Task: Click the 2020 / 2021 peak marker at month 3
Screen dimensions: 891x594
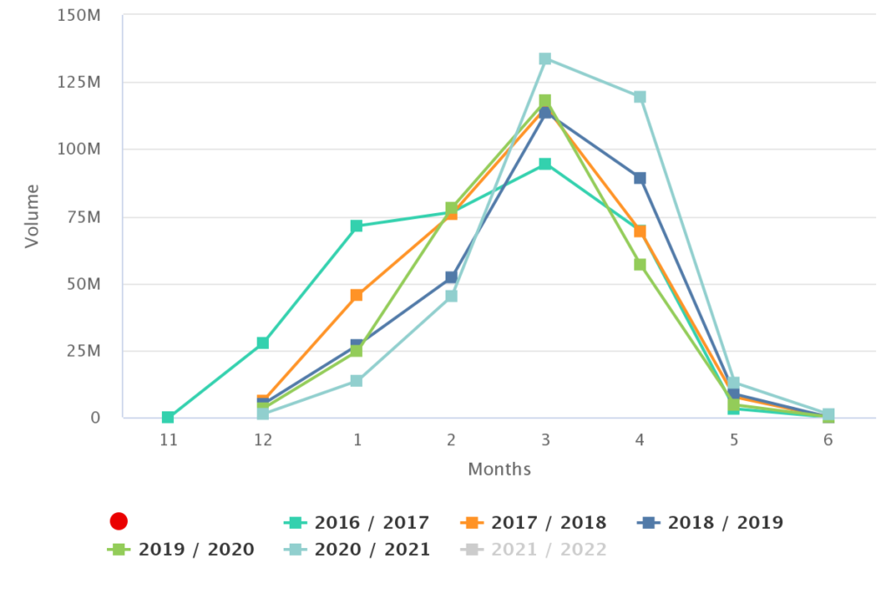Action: pyautogui.click(x=545, y=59)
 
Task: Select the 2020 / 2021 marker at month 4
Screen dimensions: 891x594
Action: pyautogui.click(x=640, y=97)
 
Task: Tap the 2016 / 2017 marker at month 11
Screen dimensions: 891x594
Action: pyautogui.click(x=168, y=417)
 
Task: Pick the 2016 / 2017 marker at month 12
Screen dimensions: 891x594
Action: pyautogui.click(x=263, y=343)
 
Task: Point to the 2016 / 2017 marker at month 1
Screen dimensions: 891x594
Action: pyautogui.click(x=356, y=226)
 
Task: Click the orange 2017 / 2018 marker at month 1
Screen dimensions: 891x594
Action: pyautogui.click(x=356, y=296)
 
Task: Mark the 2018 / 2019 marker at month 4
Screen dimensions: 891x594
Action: pyautogui.click(x=640, y=178)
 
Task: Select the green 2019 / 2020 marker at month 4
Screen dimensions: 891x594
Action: pyautogui.click(x=640, y=264)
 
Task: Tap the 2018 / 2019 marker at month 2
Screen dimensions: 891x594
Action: pyautogui.click(x=452, y=277)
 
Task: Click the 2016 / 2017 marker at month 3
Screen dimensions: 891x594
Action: pyautogui.click(x=545, y=164)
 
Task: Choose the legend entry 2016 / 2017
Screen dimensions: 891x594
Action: pyautogui.click(x=356, y=523)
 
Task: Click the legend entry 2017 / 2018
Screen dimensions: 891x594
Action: pyautogui.click(x=533, y=523)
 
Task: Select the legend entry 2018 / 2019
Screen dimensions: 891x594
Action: pyautogui.click(x=710, y=523)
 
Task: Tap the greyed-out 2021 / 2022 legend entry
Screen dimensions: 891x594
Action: pyautogui.click(x=533, y=550)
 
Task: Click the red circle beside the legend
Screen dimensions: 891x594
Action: pyautogui.click(x=118, y=521)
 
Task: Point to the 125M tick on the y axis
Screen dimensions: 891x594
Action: pyautogui.click(x=79, y=83)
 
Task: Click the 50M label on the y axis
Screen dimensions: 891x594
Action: pyautogui.click(x=84, y=284)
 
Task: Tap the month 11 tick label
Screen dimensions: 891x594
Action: pyautogui.click(x=168, y=440)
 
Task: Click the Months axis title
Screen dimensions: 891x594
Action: pyautogui.click(x=499, y=469)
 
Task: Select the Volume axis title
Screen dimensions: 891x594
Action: pyautogui.click(x=32, y=216)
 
